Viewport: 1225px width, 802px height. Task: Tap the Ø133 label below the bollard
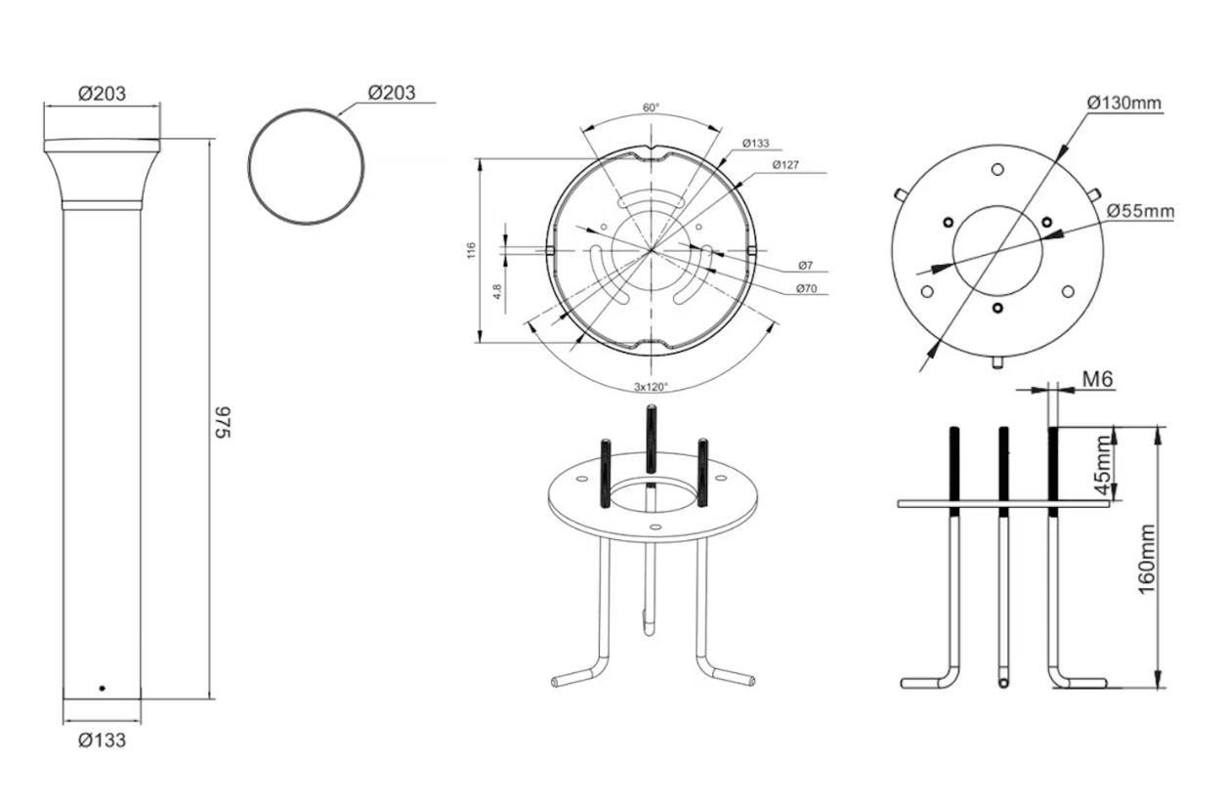coord(102,740)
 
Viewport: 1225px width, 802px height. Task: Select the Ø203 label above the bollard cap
coord(102,94)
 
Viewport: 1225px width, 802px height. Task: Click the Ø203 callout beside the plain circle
coord(392,93)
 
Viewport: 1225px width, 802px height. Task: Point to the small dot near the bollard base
coord(102,688)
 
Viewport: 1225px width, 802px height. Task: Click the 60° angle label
coord(651,107)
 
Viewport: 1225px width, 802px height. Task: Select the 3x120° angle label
coord(651,387)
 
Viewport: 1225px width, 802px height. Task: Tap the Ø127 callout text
coord(785,164)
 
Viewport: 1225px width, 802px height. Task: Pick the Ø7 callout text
coord(806,266)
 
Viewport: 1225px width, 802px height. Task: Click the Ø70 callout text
coord(807,288)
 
